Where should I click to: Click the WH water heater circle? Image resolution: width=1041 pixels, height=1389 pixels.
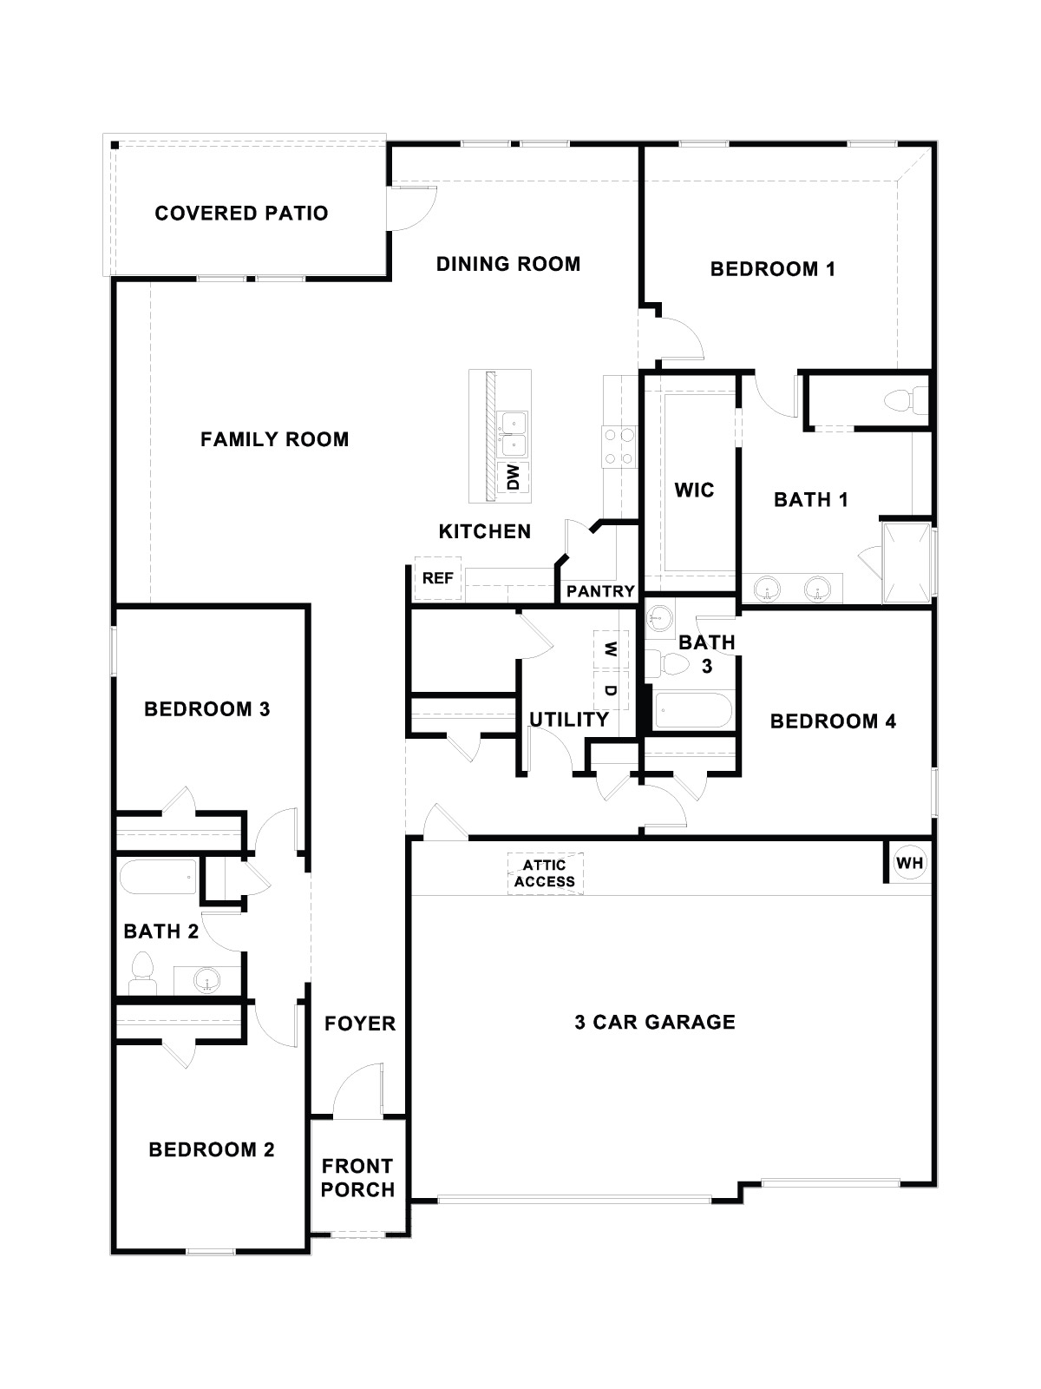pyautogui.click(x=909, y=864)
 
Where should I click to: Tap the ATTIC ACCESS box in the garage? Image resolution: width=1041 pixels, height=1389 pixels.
pyautogui.click(x=545, y=873)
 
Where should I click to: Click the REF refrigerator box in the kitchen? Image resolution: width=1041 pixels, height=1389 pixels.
pyautogui.click(x=437, y=578)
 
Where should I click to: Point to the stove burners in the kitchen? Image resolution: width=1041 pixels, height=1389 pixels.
pyautogui.click(x=619, y=447)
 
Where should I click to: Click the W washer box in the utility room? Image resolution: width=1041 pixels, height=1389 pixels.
pyautogui.click(x=611, y=648)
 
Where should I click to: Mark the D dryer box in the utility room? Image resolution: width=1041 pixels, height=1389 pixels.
pyautogui.click(x=611, y=691)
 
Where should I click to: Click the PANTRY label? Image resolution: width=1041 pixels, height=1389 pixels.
pyautogui.click(x=600, y=591)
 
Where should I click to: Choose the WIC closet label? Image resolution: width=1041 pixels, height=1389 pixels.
pyautogui.click(x=694, y=490)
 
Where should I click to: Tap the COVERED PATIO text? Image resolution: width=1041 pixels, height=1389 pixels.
pyautogui.click(x=241, y=213)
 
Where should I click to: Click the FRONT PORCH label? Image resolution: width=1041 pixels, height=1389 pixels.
pyautogui.click(x=357, y=1178)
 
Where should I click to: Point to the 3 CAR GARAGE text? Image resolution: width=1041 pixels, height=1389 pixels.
pyautogui.click(x=655, y=1022)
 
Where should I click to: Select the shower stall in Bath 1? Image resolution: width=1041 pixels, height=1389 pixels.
pyautogui.click(x=907, y=562)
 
